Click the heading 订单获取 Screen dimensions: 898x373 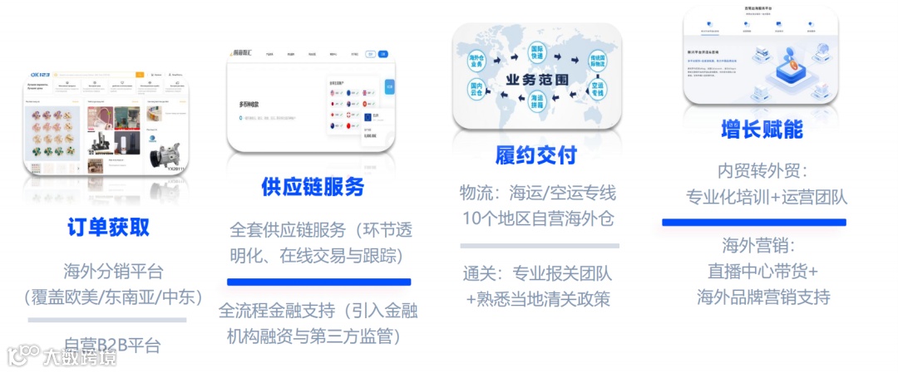point(108,227)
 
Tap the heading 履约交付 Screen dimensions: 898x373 point(535,155)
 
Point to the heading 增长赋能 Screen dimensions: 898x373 point(762,130)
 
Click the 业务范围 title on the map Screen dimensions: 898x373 point(536,80)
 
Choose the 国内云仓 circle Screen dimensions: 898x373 point(476,91)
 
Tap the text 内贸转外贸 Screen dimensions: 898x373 point(762,171)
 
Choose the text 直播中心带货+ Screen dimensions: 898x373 point(762,271)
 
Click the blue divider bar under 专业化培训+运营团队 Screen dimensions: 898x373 point(753,223)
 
